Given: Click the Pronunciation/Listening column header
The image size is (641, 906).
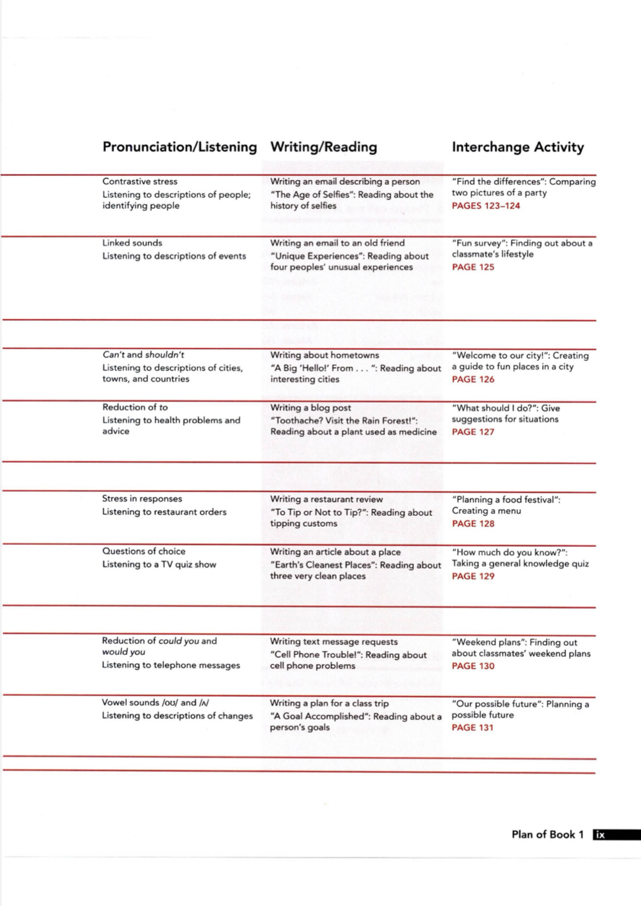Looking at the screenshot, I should tap(180, 147).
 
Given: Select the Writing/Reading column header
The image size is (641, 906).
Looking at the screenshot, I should tap(324, 147).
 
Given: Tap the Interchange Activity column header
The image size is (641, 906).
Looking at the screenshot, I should tap(517, 147).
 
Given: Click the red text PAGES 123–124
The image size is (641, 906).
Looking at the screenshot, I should tap(486, 206).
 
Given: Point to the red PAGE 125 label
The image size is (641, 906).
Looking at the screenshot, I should tap(473, 267).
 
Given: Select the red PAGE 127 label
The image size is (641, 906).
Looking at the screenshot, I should tap(473, 432).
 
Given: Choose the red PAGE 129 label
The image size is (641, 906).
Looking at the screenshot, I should tap(473, 576).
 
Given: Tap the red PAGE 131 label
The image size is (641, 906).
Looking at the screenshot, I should tap(472, 728).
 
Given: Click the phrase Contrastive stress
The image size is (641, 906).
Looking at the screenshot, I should tap(140, 181).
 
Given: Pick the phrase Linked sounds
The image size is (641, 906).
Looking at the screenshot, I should tap(132, 243).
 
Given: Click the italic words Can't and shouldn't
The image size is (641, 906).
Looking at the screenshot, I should tap(144, 355).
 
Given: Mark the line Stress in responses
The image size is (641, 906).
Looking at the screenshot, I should tap(142, 499).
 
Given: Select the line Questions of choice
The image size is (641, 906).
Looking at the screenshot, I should tap(144, 551).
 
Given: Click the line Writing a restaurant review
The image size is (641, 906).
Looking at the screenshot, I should tap(327, 499).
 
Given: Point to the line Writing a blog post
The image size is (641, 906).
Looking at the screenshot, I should tap(310, 408).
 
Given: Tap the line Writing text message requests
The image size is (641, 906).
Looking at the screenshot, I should tap(334, 642).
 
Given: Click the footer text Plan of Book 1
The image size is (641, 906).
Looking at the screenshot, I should tap(547, 835).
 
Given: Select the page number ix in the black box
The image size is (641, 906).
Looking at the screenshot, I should tap(600, 835).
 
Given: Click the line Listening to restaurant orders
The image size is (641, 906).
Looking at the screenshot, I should tap(164, 512).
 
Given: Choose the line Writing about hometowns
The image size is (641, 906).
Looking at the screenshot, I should tap(324, 355).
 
